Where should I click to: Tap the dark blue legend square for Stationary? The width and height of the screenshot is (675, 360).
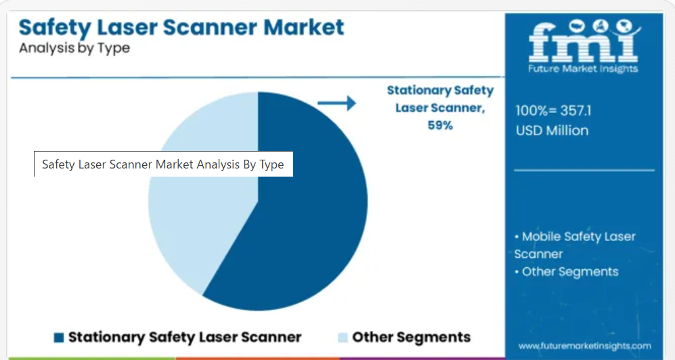click(x=59, y=338)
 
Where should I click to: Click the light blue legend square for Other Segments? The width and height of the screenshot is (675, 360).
click(x=343, y=338)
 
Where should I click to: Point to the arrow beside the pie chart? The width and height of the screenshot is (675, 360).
click(x=336, y=104)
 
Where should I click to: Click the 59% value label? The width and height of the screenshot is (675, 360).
click(x=440, y=125)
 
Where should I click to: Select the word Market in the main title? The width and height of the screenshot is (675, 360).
click(x=303, y=27)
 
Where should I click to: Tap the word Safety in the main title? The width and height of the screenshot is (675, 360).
click(x=55, y=28)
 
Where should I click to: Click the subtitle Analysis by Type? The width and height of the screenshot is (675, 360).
click(x=74, y=48)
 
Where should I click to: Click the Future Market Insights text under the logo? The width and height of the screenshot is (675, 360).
click(x=584, y=69)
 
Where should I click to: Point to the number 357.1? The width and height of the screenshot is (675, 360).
click(x=575, y=111)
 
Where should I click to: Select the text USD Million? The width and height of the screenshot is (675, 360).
click(x=552, y=131)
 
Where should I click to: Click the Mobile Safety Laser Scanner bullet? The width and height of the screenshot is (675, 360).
click(x=575, y=245)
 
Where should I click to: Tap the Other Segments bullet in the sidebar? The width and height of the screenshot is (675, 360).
click(x=567, y=272)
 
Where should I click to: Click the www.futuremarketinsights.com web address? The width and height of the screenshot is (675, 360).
click(x=584, y=346)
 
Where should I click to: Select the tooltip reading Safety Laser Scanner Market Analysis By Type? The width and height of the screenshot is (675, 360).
click(x=164, y=164)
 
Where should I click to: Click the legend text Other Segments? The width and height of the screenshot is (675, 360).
click(x=411, y=337)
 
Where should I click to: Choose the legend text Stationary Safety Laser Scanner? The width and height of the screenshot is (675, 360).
click(x=185, y=338)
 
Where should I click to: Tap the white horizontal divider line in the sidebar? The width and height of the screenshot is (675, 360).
click(x=584, y=171)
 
